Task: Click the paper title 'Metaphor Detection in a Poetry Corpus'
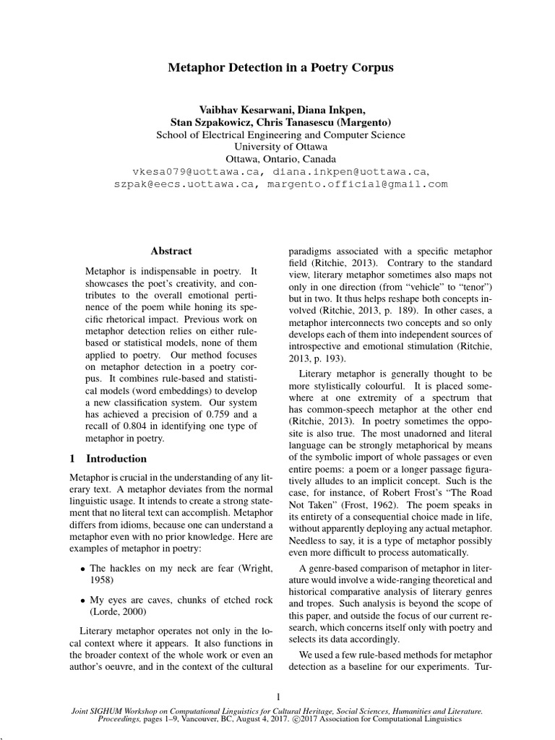pos(281,68)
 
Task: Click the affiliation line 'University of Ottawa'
pos(281,147)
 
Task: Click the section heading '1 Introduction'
pos(108,458)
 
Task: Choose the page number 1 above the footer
pos(278,696)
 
